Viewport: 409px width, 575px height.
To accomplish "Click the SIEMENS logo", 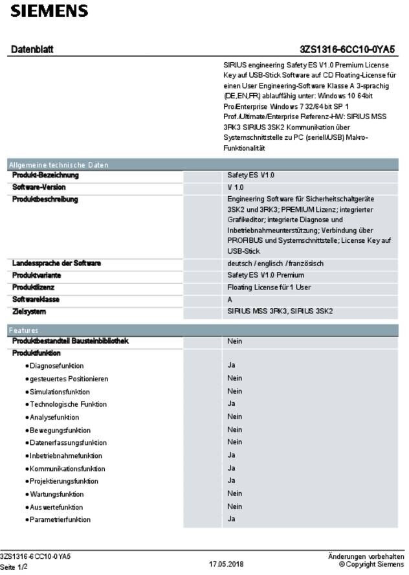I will coord(49,11).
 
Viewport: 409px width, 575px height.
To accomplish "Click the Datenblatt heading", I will coord(32,50).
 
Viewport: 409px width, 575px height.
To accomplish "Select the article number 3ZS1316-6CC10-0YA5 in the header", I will coord(348,50).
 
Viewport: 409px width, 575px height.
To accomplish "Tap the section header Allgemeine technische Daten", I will coord(58,165).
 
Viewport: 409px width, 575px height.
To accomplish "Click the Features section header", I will coord(23,330).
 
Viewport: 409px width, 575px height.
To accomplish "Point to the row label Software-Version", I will coord(39,187).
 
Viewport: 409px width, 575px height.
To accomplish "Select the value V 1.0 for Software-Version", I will coord(236,187).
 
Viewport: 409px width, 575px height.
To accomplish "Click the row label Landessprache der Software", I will coord(56,264).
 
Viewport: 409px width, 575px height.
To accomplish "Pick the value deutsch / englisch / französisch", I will coord(275,264).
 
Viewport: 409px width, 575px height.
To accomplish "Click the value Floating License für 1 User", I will coord(269,287).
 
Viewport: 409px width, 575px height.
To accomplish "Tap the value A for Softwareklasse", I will coord(230,299).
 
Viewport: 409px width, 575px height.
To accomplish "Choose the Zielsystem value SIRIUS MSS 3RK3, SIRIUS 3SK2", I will coord(280,311).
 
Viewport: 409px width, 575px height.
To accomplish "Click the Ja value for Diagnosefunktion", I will coord(231,365).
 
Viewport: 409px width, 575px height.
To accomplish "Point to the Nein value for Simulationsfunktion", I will coord(234,391).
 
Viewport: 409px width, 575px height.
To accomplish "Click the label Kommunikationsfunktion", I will coord(67,468).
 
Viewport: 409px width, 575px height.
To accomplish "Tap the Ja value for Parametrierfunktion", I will coord(231,519).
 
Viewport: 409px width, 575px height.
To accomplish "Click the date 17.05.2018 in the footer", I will coord(226,565).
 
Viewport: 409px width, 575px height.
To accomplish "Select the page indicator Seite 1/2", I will coord(14,567).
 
